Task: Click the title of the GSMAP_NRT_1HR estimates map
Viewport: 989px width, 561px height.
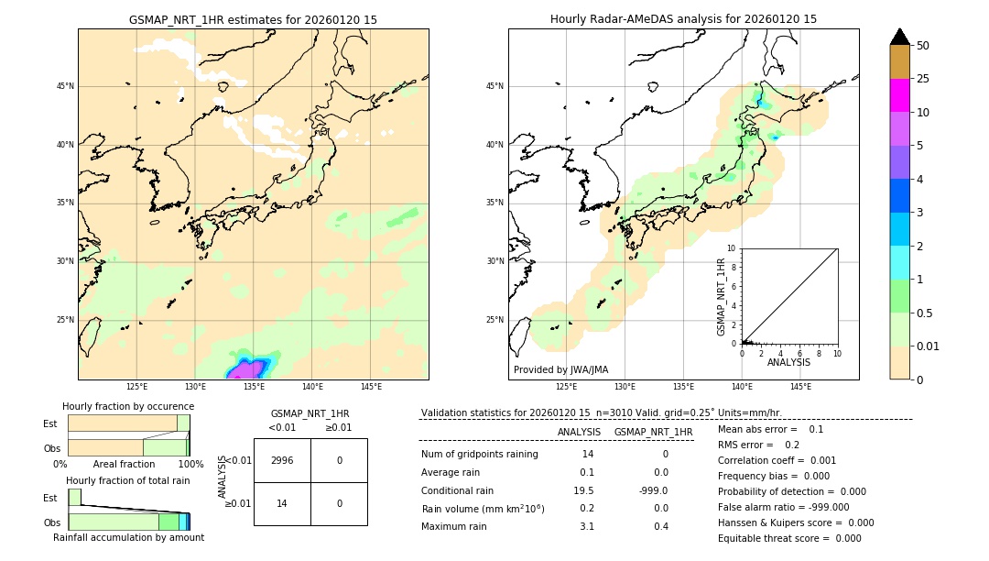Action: (x=253, y=19)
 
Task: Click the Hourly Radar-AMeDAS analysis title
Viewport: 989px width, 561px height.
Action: (x=683, y=19)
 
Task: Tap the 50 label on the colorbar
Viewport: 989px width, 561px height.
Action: (x=923, y=45)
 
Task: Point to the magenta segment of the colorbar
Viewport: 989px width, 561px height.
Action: (x=899, y=95)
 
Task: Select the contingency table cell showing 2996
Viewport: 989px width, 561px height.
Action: (x=282, y=460)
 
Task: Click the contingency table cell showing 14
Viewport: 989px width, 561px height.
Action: (x=282, y=503)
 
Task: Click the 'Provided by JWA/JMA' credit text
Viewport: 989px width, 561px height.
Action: (x=560, y=369)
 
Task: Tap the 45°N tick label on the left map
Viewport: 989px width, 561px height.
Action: (x=65, y=86)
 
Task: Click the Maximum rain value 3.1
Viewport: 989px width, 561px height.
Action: (x=586, y=526)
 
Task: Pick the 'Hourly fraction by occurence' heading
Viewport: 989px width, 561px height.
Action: (x=128, y=406)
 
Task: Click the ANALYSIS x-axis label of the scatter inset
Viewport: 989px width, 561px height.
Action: (x=788, y=362)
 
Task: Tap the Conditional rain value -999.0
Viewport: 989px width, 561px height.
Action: (x=654, y=490)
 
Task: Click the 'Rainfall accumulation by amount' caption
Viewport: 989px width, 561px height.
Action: (x=128, y=537)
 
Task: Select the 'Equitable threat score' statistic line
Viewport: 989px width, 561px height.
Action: (x=789, y=538)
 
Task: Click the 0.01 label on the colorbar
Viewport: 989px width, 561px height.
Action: (x=929, y=346)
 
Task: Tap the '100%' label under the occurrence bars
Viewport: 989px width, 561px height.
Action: (x=190, y=464)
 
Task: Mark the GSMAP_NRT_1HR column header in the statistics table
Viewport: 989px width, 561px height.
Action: (x=653, y=432)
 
